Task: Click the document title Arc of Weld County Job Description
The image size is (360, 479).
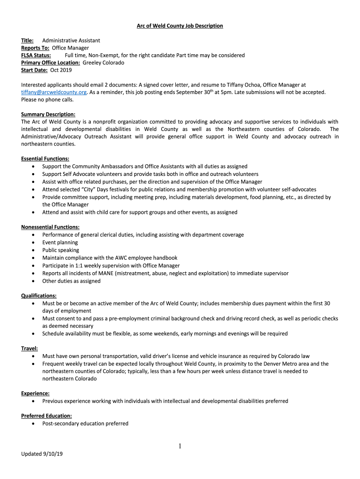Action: coord(180,26)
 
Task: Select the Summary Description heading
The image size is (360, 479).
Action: coord(48,115)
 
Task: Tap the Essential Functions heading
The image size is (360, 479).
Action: coord(45,159)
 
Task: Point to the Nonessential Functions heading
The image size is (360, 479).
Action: coord(50,227)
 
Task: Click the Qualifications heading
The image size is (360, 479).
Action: coord(39,296)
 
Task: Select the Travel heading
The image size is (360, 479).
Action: coord(29,348)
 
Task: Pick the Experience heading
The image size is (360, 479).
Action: coord(36,393)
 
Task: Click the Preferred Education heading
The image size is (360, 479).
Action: coord(46,416)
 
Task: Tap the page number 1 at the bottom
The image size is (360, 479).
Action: coord(180,447)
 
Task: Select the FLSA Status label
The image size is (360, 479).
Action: coord(36,55)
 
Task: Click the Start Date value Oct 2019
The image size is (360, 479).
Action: coord(61,70)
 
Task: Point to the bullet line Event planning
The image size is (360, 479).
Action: coord(60,242)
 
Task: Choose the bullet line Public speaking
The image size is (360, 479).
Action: coord(61,250)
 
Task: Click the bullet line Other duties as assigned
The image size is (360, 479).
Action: coord(71,281)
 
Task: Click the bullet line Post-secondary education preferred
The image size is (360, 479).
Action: coord(85,423)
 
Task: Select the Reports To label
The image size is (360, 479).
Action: coord(35,48)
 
